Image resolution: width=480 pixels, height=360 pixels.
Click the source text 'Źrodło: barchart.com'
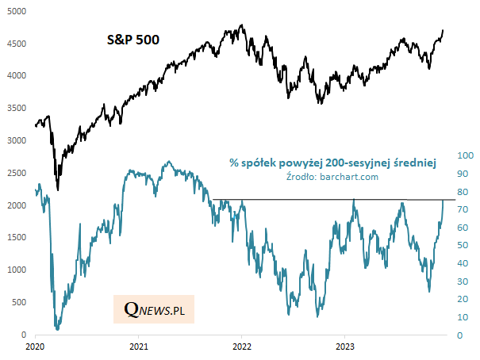point(332,177)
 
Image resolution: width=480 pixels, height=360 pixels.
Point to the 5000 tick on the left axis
point(18,10)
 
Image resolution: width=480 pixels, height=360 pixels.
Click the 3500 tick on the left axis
point(18,108)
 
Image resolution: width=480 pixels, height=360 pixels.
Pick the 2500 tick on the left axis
point(18,173)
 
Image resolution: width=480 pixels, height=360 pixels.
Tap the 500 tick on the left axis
point(21,303)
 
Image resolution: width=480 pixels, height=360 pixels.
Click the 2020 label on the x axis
point(35,347)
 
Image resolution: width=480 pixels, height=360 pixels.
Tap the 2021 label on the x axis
point(138,347)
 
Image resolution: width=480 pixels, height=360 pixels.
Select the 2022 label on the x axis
point(241,347)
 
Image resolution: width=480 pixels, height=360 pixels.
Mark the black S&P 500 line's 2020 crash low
point(57,190)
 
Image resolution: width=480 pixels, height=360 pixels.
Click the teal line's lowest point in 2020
point(57,329)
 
